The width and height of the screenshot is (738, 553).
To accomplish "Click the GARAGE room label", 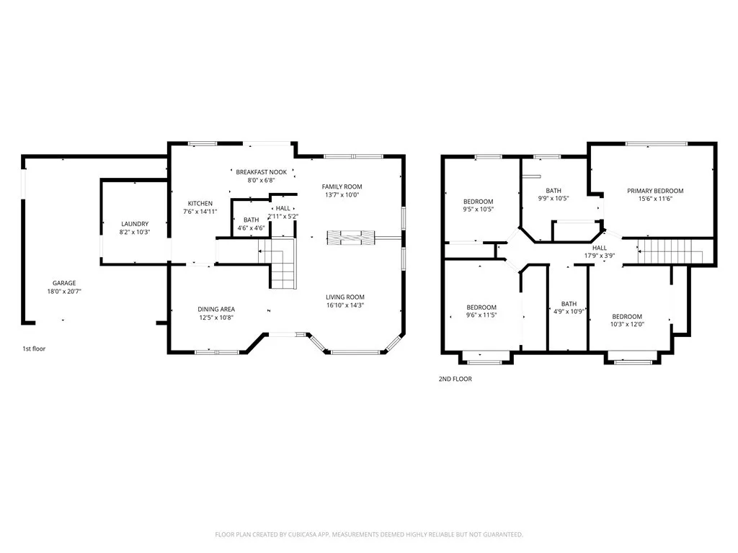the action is (64, 283).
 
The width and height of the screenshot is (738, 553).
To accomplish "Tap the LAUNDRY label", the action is (135, 224).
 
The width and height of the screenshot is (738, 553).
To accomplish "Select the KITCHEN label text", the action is (200, 204).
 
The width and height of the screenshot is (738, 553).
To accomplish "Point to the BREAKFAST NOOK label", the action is (261, 172).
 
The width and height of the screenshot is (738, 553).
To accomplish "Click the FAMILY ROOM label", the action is (342, 186).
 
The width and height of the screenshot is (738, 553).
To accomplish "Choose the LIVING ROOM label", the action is (345, 297).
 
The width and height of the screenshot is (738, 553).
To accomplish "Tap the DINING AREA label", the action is (216, 310).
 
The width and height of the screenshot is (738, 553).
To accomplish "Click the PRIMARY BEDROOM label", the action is (655, 191).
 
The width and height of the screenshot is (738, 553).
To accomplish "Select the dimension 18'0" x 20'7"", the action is (64, 292).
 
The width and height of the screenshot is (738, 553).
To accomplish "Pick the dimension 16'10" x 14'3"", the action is (345, 305).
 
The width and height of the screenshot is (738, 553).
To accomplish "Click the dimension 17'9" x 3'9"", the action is (599, 256).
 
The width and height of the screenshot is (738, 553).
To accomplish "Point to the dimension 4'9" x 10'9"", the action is (569, 312).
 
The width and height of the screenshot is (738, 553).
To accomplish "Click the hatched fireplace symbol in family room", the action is (351, 238).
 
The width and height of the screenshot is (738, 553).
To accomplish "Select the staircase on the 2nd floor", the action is (670, 251).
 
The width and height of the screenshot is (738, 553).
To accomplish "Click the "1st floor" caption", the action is (34, 349).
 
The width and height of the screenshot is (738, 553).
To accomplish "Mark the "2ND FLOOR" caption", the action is (455, 379).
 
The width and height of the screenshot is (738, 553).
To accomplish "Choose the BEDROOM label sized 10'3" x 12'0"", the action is (627, 317).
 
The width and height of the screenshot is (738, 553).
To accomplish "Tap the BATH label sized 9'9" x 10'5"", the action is (553, 191).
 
